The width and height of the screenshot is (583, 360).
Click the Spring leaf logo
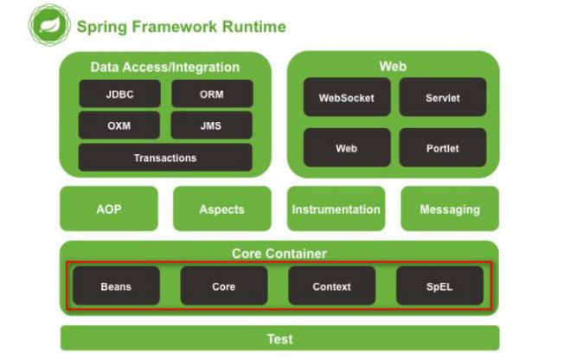click(x=49, y=25)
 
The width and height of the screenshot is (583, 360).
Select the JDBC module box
click(x=119, y=93)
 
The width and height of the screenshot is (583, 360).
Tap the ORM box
click(x=212, y=93)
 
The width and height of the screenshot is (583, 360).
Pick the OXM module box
click(x=119, y=125)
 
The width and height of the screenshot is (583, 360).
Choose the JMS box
click(x=211, y=125)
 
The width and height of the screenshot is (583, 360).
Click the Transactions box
click(x=165, y=157)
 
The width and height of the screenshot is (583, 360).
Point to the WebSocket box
click(x=347, y=98)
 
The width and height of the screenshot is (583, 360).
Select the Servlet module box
click(x=443, y=98)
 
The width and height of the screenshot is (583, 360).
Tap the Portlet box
click(x=443, y=148)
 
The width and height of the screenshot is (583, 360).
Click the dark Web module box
click(x=347, y=148)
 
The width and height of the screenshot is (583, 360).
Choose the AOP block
click(x=109, y=209)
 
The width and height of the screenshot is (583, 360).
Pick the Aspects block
click(x=222, y=209)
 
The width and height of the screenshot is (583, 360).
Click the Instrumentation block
click(x=336, y=209)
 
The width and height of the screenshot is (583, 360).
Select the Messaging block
click(x=450, y=209)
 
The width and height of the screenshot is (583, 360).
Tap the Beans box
click(x=116, y=286)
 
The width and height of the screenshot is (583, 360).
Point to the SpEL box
click(x=440, y=286)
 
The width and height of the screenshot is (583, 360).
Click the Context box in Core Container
click(x=332, y=286)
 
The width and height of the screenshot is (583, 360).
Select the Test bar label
click(x=280, y=339)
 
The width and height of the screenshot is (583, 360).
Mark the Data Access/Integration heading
click(x=165, y=67)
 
